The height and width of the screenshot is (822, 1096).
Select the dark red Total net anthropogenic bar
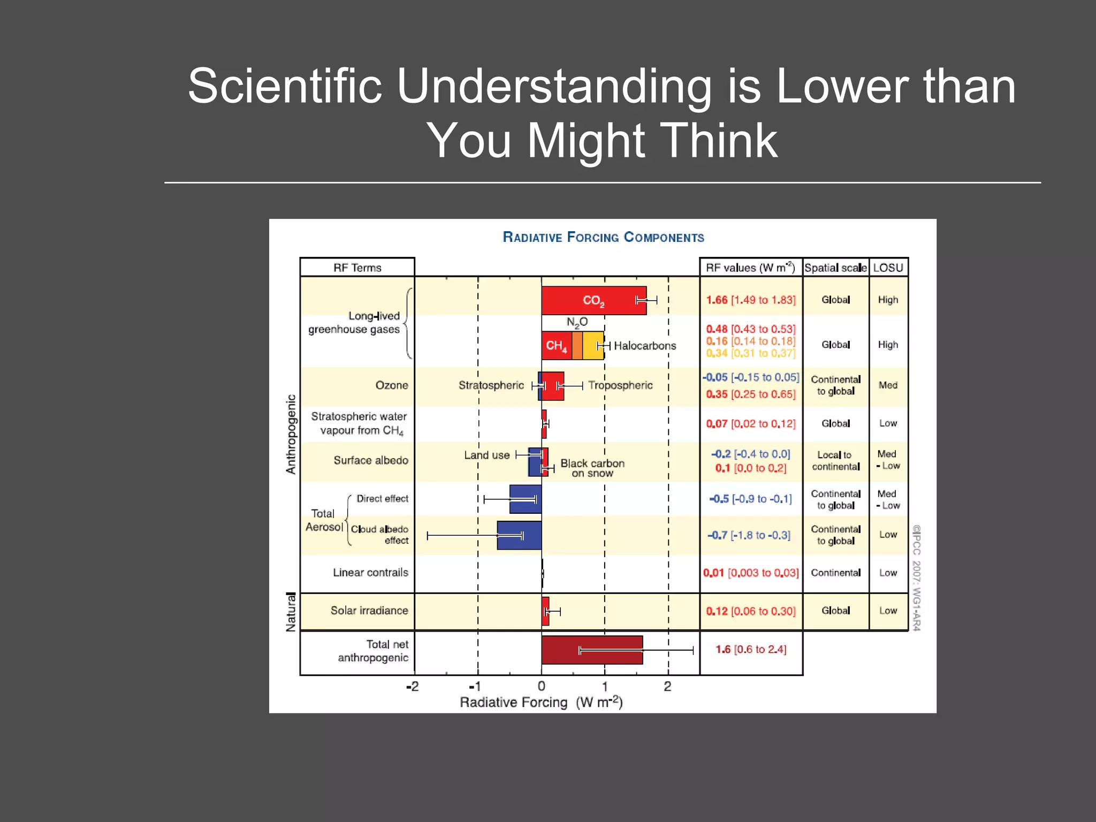591,650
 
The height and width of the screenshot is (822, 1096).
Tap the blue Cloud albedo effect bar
519,535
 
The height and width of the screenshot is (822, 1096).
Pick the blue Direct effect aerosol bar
525,499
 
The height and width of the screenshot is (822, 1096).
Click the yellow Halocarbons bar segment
592,345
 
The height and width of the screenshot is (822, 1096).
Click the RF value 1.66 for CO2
717,300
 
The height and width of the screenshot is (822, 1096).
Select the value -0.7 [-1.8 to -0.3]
749,535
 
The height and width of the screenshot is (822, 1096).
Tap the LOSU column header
888,268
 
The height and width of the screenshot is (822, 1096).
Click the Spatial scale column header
835,268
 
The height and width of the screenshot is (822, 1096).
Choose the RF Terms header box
357,268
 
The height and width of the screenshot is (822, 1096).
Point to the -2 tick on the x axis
412,687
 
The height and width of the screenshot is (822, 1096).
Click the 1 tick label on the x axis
605,687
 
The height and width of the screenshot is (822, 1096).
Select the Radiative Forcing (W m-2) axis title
541,702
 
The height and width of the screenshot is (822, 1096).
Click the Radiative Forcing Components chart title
603,237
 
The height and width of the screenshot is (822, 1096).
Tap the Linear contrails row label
370,573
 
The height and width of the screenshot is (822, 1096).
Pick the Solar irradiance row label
369,611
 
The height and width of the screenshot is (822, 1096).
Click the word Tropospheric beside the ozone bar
620,385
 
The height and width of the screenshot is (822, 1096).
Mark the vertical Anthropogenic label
291,434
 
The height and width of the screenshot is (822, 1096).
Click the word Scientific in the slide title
285,86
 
